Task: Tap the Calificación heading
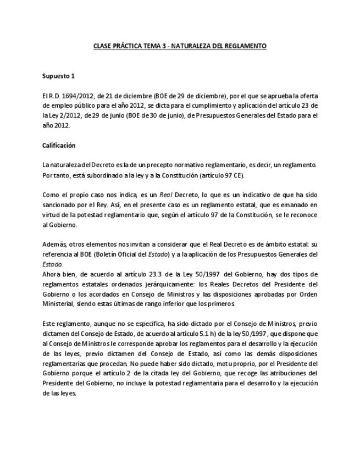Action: pos(59,146)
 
